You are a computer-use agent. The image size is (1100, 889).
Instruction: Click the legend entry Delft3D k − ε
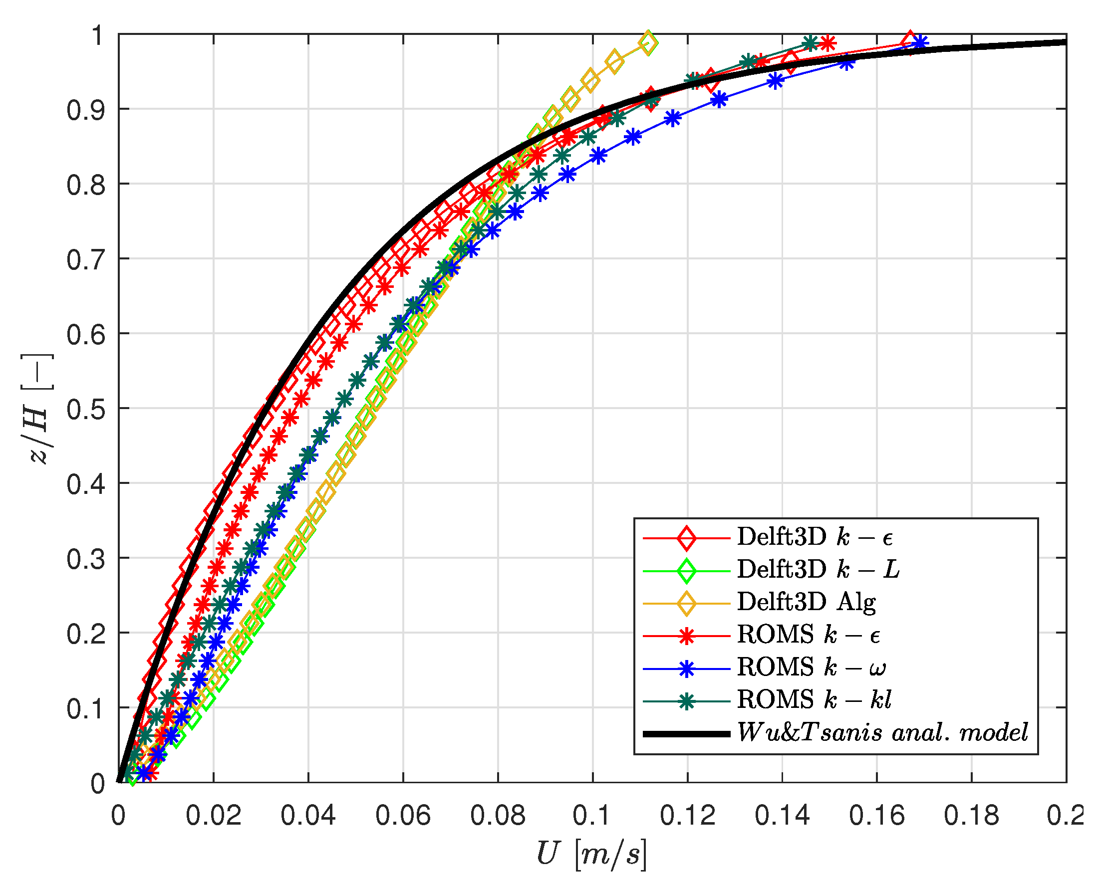[815, 537]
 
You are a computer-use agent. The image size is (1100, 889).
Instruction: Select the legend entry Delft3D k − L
[818, 569]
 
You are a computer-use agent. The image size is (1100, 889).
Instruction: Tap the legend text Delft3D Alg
[807, 602]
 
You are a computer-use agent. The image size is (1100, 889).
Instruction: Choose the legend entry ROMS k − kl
[814, 700]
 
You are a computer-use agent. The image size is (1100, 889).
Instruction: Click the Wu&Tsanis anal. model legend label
[882, 733]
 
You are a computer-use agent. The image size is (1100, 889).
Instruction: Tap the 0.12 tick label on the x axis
[687, 816]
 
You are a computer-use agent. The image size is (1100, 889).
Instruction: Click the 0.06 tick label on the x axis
[403, 816]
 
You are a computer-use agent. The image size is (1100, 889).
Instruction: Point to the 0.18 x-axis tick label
[971, 816]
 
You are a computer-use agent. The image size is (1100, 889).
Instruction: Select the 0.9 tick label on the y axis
[86, 110]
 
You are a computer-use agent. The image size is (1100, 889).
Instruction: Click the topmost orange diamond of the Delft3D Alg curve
[649, 43]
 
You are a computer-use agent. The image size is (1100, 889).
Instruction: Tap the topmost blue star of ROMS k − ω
[920, 43]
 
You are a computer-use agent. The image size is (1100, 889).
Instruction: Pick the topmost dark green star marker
[810, 43]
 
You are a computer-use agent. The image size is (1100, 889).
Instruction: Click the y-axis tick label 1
[97, 35]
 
